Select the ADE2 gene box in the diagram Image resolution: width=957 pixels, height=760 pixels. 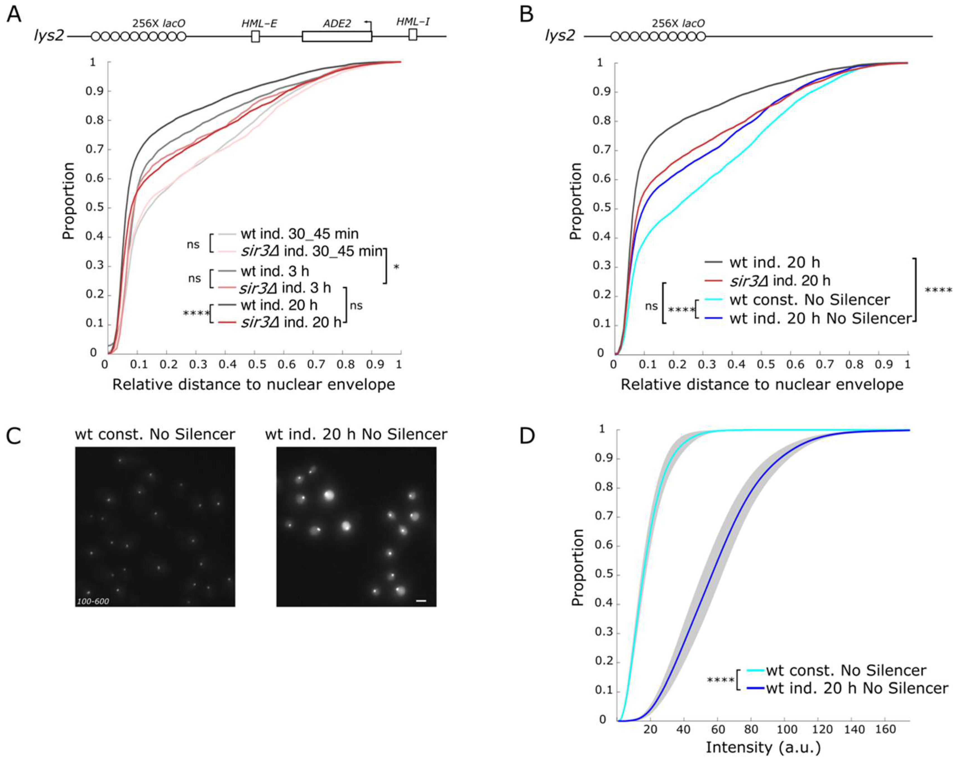337,36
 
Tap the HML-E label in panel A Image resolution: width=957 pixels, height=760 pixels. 259,23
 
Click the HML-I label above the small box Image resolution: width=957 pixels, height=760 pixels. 413,21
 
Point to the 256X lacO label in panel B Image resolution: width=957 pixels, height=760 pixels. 678,23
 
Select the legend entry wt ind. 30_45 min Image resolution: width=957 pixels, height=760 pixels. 300,234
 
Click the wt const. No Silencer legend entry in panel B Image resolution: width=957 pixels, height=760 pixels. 809,300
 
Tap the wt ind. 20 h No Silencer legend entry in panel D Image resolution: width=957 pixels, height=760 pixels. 857,688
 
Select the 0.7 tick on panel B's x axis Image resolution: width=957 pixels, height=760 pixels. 825,365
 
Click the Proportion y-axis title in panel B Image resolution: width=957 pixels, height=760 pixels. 576,201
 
